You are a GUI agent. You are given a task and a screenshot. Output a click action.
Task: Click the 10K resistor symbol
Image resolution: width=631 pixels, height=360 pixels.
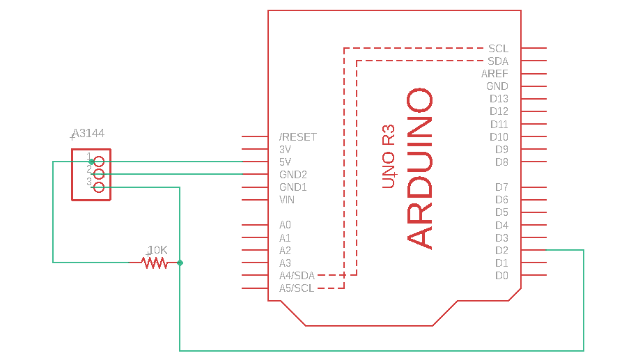point(154,263)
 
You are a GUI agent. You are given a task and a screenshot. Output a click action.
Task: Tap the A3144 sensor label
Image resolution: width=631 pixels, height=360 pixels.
point(88,133)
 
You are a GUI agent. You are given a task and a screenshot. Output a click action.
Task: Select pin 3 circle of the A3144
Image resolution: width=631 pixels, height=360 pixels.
point(99,187)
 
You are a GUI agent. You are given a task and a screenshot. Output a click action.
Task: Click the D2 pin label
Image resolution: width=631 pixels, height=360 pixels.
point(501,251)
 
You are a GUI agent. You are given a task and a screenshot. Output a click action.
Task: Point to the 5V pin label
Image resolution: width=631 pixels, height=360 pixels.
point(286,162)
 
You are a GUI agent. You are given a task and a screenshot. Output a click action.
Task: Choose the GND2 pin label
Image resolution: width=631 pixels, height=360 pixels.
point(293,175)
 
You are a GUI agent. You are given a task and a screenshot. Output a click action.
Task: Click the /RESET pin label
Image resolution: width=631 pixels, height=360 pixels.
point(298,137)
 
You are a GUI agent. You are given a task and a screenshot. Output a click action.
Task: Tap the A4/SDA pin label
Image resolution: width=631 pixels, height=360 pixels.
point(297,276)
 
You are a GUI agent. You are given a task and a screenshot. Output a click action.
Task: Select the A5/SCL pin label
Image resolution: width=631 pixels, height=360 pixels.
point(297,288)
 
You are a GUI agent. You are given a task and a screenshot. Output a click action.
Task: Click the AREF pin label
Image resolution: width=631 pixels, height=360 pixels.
point(494,74)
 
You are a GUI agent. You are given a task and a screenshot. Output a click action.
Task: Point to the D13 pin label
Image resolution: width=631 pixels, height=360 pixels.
point(499,99)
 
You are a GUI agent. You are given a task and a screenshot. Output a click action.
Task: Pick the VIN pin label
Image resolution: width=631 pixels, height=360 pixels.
point(287,200)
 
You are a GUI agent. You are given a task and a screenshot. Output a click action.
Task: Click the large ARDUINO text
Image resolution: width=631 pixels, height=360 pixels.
point(420,168)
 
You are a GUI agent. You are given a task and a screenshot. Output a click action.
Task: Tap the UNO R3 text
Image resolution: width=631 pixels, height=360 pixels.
point(389,157)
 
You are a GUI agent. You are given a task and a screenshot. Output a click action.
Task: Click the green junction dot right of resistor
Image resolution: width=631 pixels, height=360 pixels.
point(180,263)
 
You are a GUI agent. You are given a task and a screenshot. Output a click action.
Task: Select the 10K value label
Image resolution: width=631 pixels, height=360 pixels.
point(158,250)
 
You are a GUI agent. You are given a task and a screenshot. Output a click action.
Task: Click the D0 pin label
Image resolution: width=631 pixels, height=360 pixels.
point(501,276)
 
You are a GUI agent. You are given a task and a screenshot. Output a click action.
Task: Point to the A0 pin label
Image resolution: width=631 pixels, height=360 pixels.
point(285,226)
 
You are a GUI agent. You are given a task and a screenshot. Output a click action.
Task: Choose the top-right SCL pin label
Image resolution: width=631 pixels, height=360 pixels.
point(498,49)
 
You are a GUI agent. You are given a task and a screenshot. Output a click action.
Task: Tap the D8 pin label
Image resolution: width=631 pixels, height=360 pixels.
point(501,162)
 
